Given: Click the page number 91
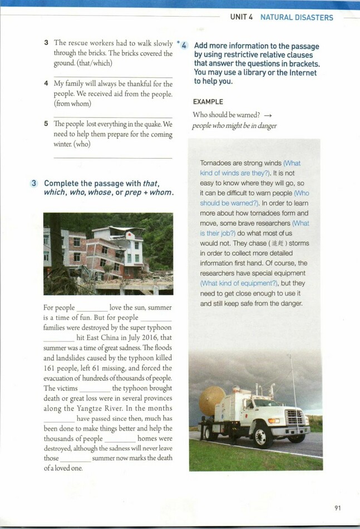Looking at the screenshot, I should point(338,508).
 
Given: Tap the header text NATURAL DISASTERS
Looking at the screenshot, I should point(297,17).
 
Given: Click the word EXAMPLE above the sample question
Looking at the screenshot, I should point(208,102).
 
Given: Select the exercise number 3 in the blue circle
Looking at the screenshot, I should point(34,183).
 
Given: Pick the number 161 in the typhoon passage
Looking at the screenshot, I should point(52,368).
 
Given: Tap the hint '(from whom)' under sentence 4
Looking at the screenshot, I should point(73,103).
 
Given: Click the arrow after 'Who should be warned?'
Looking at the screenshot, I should point(268,115).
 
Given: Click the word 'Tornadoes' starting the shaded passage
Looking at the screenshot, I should point(216,163).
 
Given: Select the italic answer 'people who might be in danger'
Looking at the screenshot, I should point(234,126).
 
